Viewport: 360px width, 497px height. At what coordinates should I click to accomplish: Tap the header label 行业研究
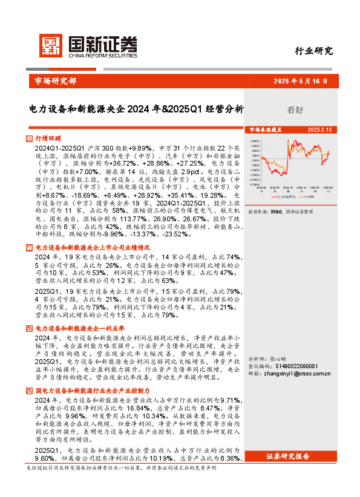pos(313,51)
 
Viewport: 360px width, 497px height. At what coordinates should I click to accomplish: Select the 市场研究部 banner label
pos(53,81)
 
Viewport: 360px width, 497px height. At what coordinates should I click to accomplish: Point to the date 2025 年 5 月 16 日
pos(300,81)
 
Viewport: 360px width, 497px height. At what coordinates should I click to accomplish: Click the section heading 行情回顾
pos(48,138)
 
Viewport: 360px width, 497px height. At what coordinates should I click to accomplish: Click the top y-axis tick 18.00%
pos(257,141)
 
